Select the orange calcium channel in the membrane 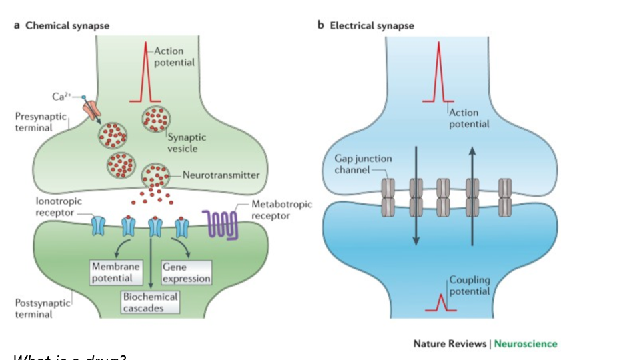click(x=92, y=109)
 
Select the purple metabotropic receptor click(x=219, y=223)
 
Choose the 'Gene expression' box click(x=186, y=272)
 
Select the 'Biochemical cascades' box click(x=150, y=302)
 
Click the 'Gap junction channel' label click(x=362, y=164)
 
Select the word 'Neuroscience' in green click(x=526, y=344)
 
